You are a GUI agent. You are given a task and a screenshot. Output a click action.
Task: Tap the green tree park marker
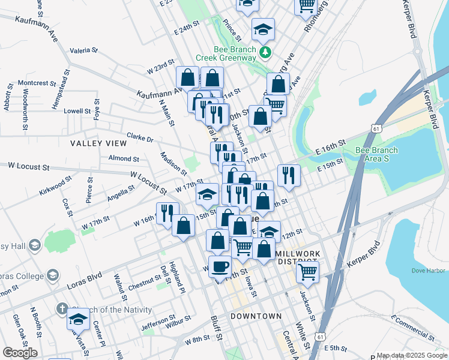(265, 54)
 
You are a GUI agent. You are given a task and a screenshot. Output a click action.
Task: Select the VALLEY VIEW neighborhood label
(98, 143)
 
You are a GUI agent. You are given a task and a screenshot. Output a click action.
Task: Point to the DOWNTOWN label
(256, 316)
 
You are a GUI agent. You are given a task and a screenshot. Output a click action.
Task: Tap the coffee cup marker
(220, 265)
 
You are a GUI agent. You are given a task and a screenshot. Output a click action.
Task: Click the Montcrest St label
(37, 83)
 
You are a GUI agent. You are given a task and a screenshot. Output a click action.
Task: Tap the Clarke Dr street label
(140, 138)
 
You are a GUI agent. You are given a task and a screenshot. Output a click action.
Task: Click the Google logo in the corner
(20, 353)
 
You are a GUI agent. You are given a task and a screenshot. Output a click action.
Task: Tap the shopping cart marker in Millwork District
(307, 272)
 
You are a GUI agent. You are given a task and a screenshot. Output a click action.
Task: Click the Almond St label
(124, 158)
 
